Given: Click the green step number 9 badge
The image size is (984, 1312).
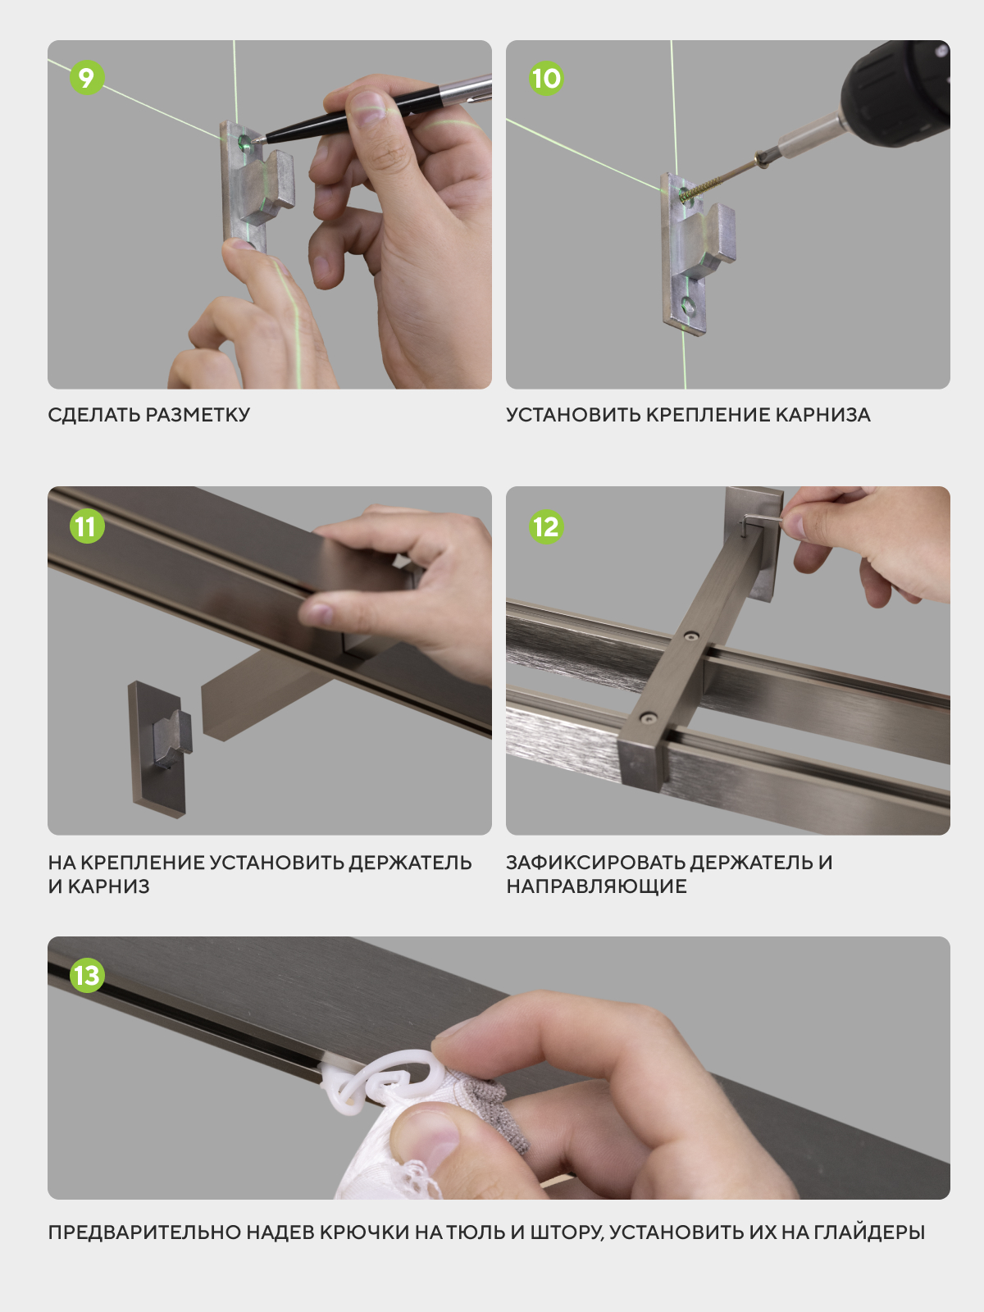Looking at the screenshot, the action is click(87, 77).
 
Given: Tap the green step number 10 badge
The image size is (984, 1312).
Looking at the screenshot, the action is click(545, 78).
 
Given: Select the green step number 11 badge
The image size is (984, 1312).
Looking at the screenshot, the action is click(87, 526).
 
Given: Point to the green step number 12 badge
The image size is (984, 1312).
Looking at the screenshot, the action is click(545, 526).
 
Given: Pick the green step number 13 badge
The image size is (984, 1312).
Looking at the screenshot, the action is click(87, 976).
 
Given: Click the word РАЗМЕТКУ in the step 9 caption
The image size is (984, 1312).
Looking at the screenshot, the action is click(198, 415).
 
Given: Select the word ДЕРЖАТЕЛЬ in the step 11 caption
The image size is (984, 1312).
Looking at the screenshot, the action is click(410, 863).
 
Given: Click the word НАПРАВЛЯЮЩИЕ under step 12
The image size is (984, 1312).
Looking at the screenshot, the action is click(596, 886).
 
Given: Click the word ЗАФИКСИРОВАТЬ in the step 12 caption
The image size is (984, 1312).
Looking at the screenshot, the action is click(595, 863).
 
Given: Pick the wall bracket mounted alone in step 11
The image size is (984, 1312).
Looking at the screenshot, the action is click(160, 749).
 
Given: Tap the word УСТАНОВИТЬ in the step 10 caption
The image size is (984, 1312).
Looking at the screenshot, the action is click(573, 415).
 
